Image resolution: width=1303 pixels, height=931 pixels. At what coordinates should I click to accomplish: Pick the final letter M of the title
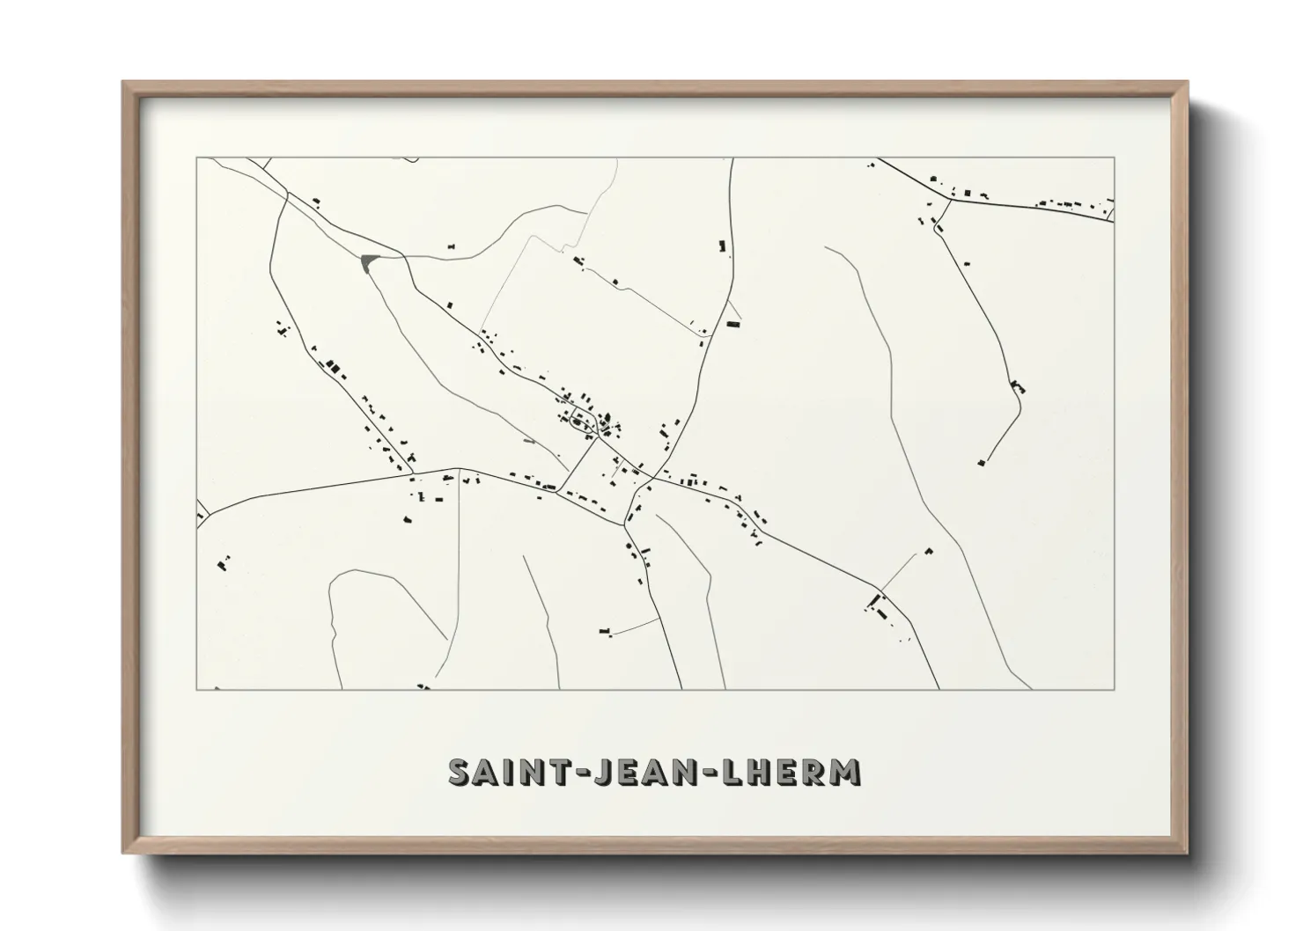point(847,772)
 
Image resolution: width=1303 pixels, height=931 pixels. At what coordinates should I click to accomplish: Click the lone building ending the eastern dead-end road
point(981,462)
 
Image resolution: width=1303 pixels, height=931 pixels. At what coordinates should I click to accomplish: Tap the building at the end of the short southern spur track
point(604,630)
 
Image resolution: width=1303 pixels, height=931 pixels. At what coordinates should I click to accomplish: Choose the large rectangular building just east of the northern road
point(732,324)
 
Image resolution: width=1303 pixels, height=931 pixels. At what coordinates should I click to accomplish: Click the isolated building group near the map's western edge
point(223,561)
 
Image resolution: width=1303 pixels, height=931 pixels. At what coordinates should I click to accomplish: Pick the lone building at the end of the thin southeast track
point(928,552)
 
